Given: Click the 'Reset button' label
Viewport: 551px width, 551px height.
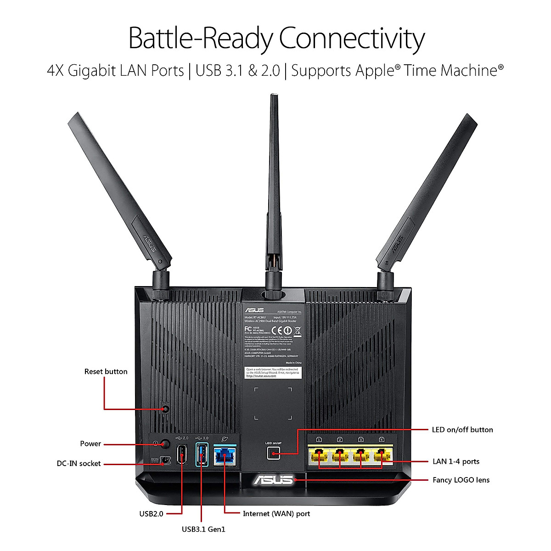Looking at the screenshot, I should click(x=106, y=371).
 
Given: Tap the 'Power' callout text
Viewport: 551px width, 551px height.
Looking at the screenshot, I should click(x=90, y=444).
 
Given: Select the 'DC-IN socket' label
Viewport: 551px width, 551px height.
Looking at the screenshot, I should click(x=79, y=464).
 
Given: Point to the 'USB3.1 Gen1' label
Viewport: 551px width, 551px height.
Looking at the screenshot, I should click(x=203, y=529).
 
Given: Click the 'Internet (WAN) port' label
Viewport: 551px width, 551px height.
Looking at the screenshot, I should click(x=276, y=514).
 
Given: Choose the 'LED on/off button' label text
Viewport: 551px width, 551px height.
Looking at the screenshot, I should click(x=462, y=430).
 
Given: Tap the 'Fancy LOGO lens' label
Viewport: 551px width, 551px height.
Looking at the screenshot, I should click(x=461, y=480).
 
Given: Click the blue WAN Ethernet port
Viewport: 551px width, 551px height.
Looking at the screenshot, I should click(x=225, y=456).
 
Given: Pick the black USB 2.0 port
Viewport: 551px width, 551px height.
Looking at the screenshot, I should click(x=182, y=454).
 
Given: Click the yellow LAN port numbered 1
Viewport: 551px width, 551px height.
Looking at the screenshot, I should click(x=319, y=455).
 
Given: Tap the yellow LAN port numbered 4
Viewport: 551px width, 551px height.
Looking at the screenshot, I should click(x=382, y=455).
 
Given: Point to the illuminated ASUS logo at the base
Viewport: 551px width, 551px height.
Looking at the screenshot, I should click(x=273, y=480).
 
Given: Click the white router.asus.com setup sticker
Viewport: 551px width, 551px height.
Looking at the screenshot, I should click(x=273, y=372).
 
